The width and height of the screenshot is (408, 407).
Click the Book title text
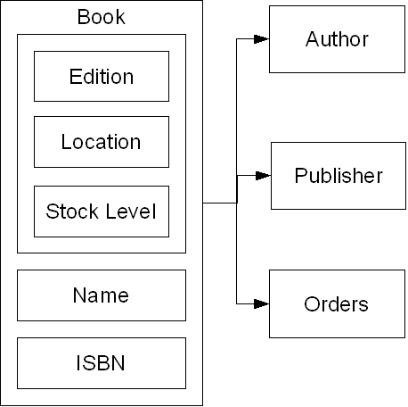pos(102,17)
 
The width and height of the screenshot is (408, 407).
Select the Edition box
pos(102,76)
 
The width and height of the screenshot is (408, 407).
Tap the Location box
pos(102,142)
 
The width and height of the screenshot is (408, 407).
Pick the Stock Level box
pos(102,212)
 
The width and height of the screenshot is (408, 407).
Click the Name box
pos(102,295)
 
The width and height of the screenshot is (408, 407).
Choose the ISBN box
pos(102,363)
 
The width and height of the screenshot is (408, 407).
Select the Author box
pos(337,39)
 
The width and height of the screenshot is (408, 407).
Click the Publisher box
pos(339,176)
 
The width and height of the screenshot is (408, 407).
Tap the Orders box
pos(337,303)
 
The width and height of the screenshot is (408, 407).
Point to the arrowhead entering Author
pos(262,39)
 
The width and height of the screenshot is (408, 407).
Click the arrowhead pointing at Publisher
pos(263,176)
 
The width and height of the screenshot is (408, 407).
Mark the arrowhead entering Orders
pos(262,303)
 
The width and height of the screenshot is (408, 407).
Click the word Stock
pos(72,212)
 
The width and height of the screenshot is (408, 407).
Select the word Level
pos(131,212)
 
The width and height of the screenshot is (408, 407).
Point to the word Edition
pos(102,77)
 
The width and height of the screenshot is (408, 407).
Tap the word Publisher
pos(339,176)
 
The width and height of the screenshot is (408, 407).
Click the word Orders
pos(336,304)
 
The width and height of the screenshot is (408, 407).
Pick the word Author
pos(337,39)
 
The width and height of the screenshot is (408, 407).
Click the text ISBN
pos(101,363)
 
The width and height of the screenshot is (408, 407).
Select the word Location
pos(101,142)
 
